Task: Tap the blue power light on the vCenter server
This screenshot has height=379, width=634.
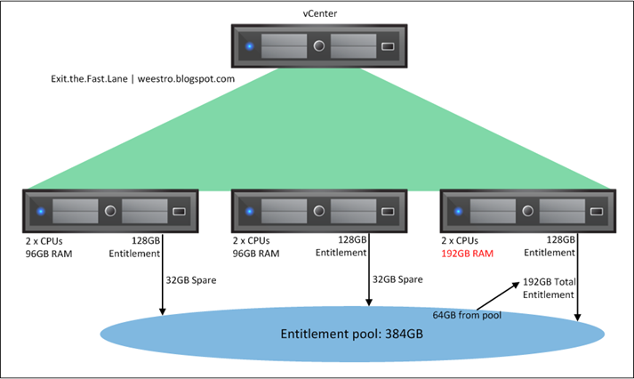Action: click(250, 46)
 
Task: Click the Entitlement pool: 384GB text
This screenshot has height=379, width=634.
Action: click(353, 335)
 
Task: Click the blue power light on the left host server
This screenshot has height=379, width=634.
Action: click(41, 213)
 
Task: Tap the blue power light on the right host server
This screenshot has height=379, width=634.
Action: click(457, 213)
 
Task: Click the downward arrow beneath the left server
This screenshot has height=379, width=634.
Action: click(162, 285)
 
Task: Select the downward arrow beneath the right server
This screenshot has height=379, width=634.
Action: click(579, 285)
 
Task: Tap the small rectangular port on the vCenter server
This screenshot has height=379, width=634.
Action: click(388, 46)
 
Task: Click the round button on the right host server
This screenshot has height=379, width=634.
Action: click(527, 213)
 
